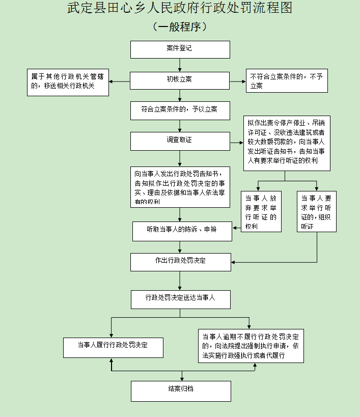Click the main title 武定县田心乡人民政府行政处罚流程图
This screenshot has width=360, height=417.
pos(180,9)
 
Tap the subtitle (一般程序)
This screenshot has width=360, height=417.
pos(180,27)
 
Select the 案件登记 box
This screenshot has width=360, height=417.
pos(180,49)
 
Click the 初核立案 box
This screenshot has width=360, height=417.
pos(180,80)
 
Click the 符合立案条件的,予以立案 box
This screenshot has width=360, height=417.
pos(180,110)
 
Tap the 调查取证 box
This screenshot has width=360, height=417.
pos(180,141)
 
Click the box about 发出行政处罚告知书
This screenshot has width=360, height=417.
pos(180,186)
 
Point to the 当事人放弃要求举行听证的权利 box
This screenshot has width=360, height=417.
pos(261,211)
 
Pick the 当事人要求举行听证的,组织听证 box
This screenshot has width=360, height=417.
pos(316,211)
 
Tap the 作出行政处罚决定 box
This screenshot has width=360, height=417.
pos(181,262)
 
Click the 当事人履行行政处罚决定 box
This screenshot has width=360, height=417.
pos(113,347)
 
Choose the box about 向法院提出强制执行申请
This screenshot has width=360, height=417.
pos(251,346)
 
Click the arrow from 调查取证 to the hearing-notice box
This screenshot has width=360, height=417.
pos(237,142)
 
